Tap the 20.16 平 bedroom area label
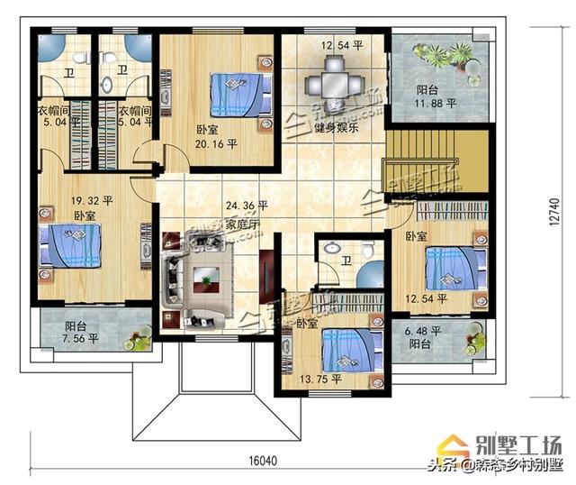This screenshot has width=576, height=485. click(x=217, y=142)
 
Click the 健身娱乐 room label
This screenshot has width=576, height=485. click(x=337, y=127)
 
